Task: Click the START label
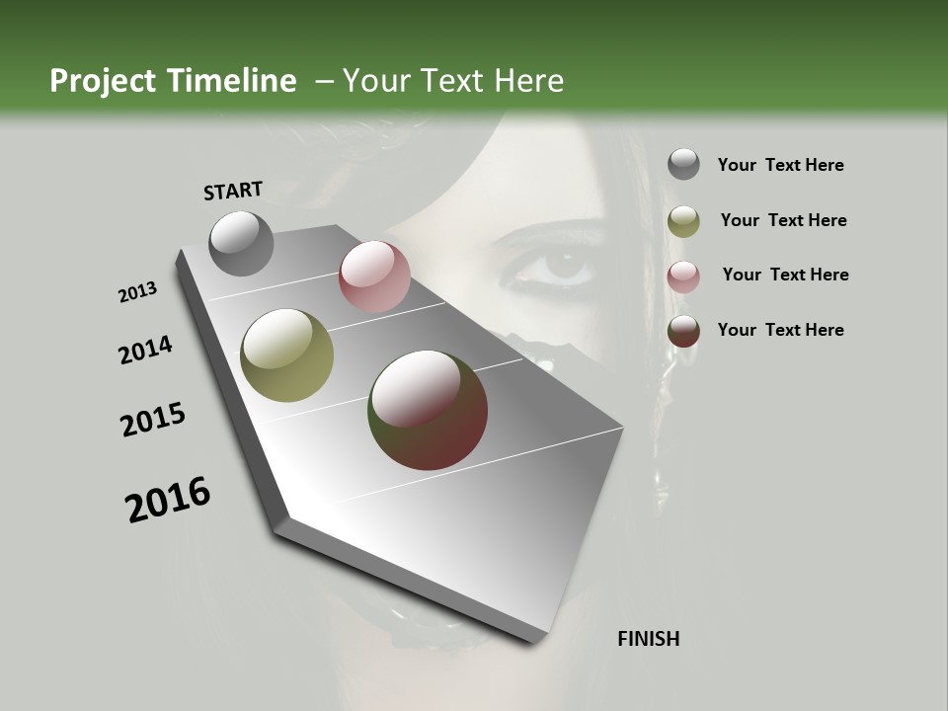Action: [233, 190]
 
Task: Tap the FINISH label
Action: [648, 639]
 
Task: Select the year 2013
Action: [137, 292]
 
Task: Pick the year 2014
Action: [145, 350]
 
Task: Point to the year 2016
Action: [168, 500]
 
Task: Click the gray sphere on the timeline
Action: [242, 243]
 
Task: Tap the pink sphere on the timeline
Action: [374, 276]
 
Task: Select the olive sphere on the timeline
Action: [287, 355]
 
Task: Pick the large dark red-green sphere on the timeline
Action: [428, 410]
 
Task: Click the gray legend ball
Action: [683, 164]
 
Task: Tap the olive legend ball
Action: [683, 221]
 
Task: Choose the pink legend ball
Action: [683, 276]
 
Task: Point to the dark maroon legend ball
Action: [683, 331]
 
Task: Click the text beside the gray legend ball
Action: [780, 165]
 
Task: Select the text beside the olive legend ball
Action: [783, 220]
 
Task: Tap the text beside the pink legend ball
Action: [785, 275]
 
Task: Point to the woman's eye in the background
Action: [563, 264]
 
